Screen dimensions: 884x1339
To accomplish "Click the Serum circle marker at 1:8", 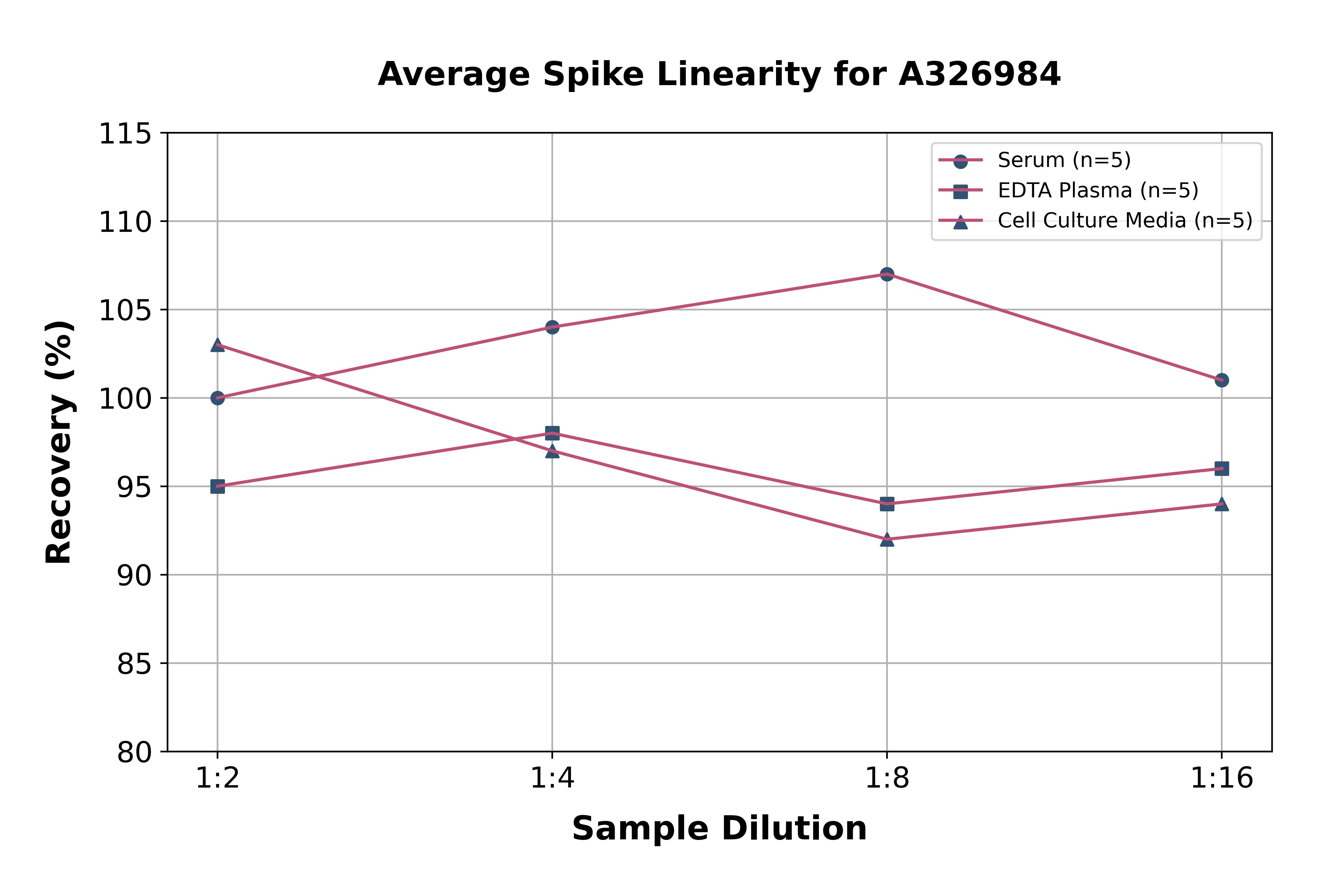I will click(x=887, y=274).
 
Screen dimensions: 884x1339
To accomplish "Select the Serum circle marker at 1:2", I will click(x=218, y=398).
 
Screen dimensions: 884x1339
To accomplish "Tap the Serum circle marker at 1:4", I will click(x=552, y=327).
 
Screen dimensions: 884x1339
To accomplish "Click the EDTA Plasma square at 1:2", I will click(x=218, y=487).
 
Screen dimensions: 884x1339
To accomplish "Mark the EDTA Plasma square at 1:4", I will click(x=552, y=433).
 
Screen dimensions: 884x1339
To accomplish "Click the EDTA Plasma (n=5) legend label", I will click(x=1098, y=190).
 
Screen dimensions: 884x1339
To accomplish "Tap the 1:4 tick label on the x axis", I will click(x=552, y=779).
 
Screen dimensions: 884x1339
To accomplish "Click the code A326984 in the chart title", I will click(x=980, y=74).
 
